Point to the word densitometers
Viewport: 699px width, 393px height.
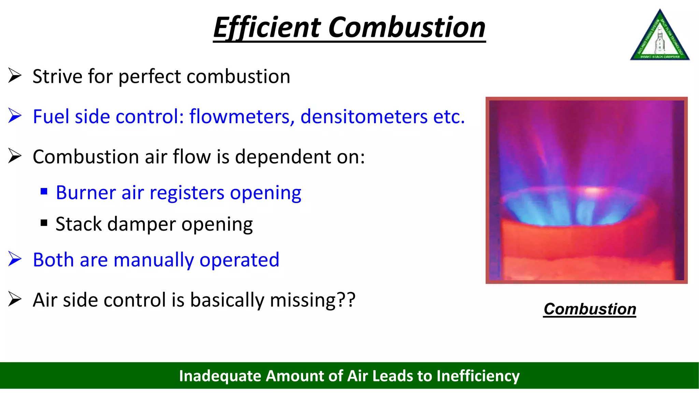(x=364, y=117)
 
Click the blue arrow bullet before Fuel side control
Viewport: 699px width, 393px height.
(x=15, y=116)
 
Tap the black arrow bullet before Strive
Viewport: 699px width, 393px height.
(x=15, y=75)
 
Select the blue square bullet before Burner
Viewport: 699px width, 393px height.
(x=44, y=191)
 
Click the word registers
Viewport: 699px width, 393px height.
(x=187, y=193)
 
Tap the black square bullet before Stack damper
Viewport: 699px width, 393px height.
(x=44, y=223)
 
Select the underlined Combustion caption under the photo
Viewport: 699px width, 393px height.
(x=590, y=309)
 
